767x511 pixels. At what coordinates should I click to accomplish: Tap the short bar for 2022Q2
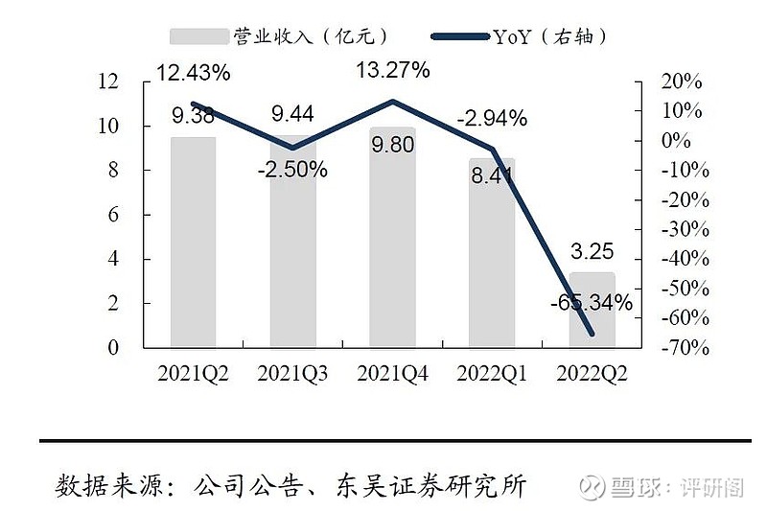(593, 309)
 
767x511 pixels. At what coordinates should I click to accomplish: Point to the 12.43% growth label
(195, 71)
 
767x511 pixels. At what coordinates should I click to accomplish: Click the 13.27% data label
(393, 69)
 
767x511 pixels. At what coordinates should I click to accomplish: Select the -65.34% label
(592, 304)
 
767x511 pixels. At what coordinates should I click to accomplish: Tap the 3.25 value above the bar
(592, 254)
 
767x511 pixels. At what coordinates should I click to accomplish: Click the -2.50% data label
(292, 170)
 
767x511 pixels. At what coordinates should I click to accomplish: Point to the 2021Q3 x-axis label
(292, 373)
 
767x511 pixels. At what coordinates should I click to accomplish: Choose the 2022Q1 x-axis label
(493, 373)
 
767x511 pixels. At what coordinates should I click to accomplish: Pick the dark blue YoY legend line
(460, 36)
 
